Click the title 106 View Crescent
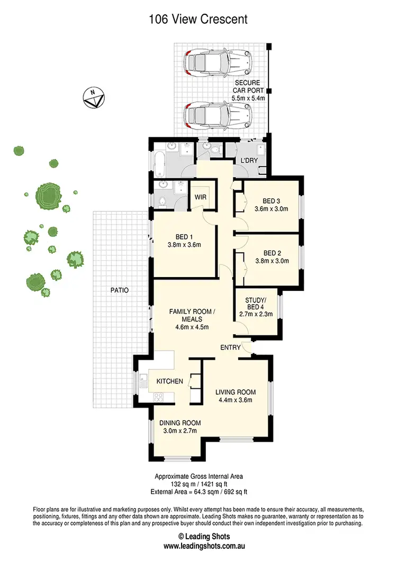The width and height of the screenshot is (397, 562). click(198, 20)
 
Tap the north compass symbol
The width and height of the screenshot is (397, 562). click(94, 97)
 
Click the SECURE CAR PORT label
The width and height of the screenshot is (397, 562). click(249, 86)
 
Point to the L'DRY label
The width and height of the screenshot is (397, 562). click(249, 160)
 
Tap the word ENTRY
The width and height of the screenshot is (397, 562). click(231, 347)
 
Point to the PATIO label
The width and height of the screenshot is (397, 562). click(119, 290)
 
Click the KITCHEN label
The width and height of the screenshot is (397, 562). click(169, 381)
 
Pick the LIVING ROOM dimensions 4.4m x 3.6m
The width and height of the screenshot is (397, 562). click(235, 400)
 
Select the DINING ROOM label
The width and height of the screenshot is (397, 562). click(181, 423)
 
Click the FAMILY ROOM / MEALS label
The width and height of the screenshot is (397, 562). click(192, 316)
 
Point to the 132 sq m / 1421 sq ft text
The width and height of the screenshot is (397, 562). click(198, 484)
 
